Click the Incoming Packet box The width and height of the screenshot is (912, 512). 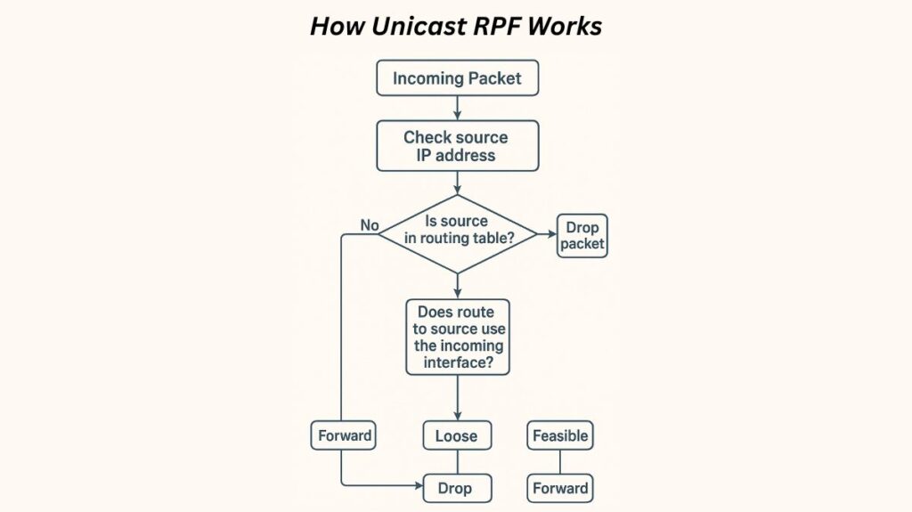coord(457,78)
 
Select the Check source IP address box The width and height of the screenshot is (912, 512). coord(457,146)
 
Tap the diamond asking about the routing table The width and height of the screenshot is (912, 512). coord(457,234)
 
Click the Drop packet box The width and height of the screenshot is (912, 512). coord(582,236)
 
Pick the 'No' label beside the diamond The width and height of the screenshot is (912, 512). coord(370,225)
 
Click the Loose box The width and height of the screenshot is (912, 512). coord(457,436)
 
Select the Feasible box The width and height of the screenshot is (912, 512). coord(560,436)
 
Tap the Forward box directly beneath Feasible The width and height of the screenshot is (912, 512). coord(560,488)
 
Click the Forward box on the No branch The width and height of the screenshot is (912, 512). coord(345,436)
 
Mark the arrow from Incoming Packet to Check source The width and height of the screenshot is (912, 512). coord(457,108)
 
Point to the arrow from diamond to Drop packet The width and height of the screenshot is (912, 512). coord(547,235)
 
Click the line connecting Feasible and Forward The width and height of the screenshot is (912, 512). coord(560,462)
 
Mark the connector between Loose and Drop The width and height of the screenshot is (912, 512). coord(457,462)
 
